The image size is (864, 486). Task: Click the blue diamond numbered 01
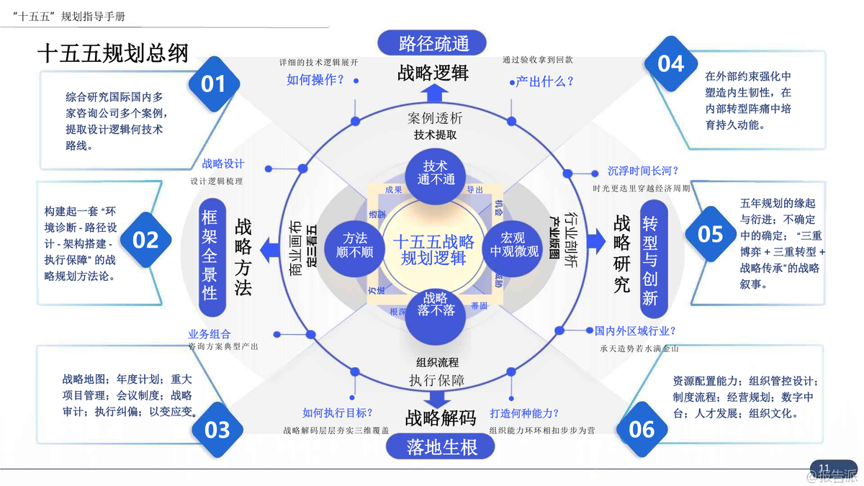click(x=213, y=84)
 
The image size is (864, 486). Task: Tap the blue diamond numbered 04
click(x=670, y=64)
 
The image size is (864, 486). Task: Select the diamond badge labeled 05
click(x=710, y=234)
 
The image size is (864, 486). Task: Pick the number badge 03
click(x=217, y=430)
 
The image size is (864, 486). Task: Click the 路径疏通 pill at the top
click(x=434, y=42)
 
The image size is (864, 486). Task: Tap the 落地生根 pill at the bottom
click(x=441, y=447)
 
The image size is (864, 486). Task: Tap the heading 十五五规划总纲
click(x=112, y=55)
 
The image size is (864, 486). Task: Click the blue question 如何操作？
click(x=316, y=80)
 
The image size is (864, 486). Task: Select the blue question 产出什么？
click(x=545, y=81)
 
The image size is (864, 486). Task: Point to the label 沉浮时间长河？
click(x=643, y=171)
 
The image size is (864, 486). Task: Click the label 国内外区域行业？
click(x=635, y=331)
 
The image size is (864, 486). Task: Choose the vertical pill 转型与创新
click(x=649, y=259)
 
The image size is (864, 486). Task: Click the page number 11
click(x=824, y=467)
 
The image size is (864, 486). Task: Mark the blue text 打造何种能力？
click(x=524, y=413)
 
